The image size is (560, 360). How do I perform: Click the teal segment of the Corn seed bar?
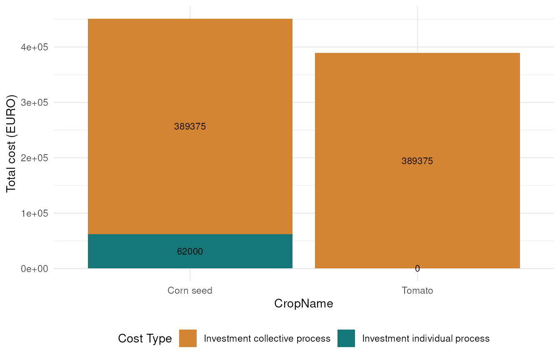pos(190,251)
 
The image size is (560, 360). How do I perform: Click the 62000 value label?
pos(190,252)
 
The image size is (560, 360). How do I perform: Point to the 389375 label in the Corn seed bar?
pos(190,127)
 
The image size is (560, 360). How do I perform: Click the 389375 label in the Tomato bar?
pos(417,161)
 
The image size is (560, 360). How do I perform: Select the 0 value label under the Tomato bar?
pos(417,269)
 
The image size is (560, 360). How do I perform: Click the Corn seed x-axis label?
pos(190,290)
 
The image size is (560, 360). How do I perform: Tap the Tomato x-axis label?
pos(417,290)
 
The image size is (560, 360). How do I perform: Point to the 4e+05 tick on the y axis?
pos(35,47)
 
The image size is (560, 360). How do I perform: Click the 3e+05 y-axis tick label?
pos(35,102)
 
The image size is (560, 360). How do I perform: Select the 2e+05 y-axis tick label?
pos(35,158)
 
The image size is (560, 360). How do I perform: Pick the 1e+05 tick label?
pos(35,213)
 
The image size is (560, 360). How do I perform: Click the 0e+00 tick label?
pos(35,269)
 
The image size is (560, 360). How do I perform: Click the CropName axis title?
pos(304,304)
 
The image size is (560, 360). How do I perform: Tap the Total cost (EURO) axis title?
pos(11,144)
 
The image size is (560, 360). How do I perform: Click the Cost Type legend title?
pos(145,338)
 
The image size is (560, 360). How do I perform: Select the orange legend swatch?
pos(188,338)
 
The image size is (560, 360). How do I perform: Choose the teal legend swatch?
pos(346,338)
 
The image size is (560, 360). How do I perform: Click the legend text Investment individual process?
pos(426,338)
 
